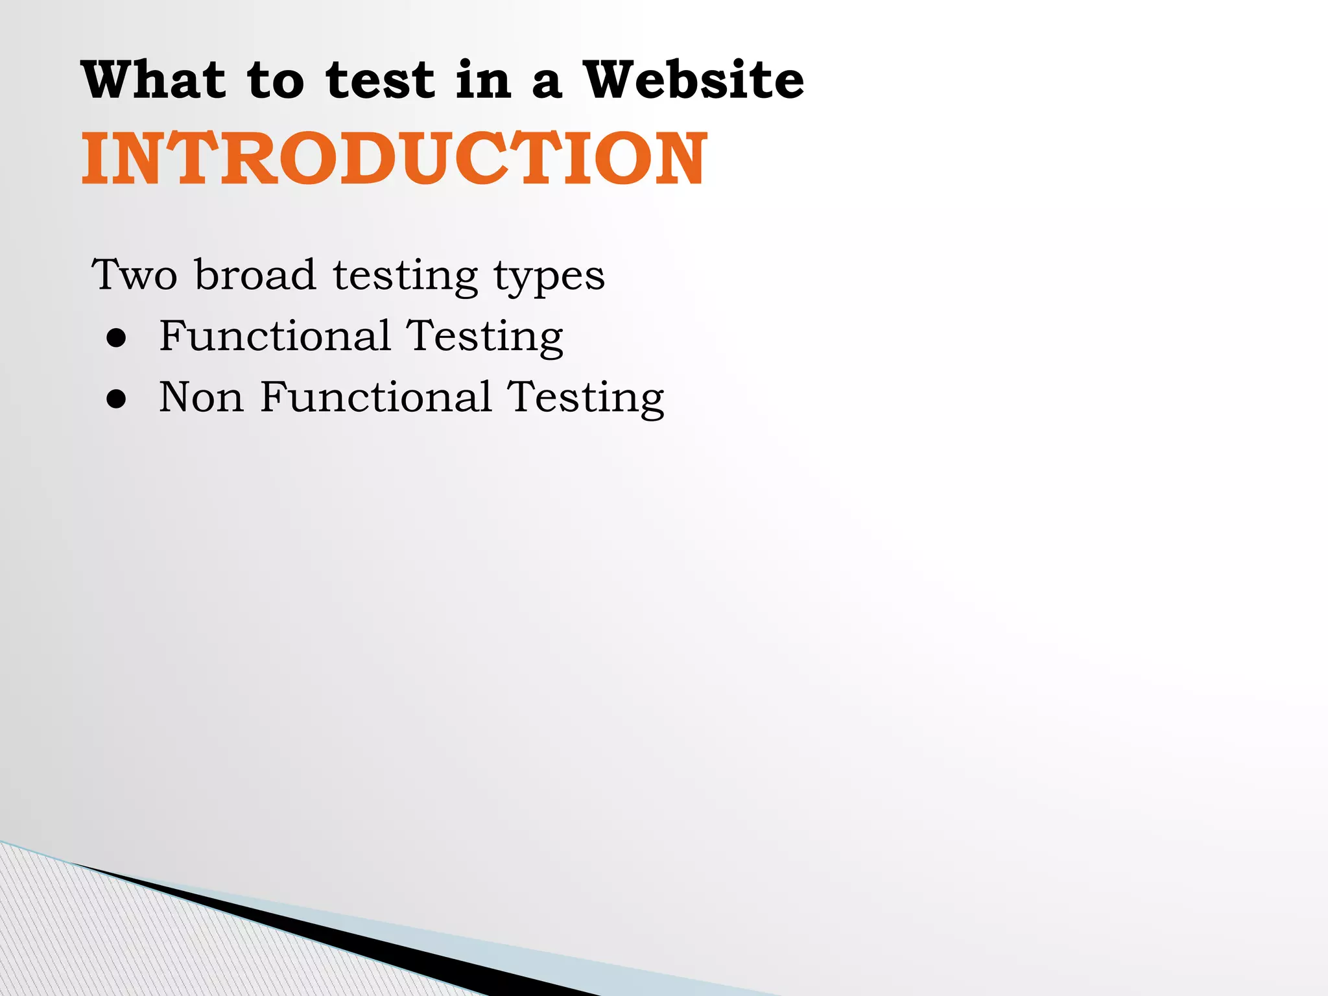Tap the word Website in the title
(693, 80)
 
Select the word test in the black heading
(380, 81)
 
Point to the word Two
(134, 275)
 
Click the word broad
(255, 275)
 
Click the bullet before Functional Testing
(117, 338)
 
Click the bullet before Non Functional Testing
(117, 399)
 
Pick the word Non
(201, 397)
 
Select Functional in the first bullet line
(275, 336)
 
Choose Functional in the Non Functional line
(376, 397)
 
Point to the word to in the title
(276, 81)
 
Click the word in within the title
(483, 80)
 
